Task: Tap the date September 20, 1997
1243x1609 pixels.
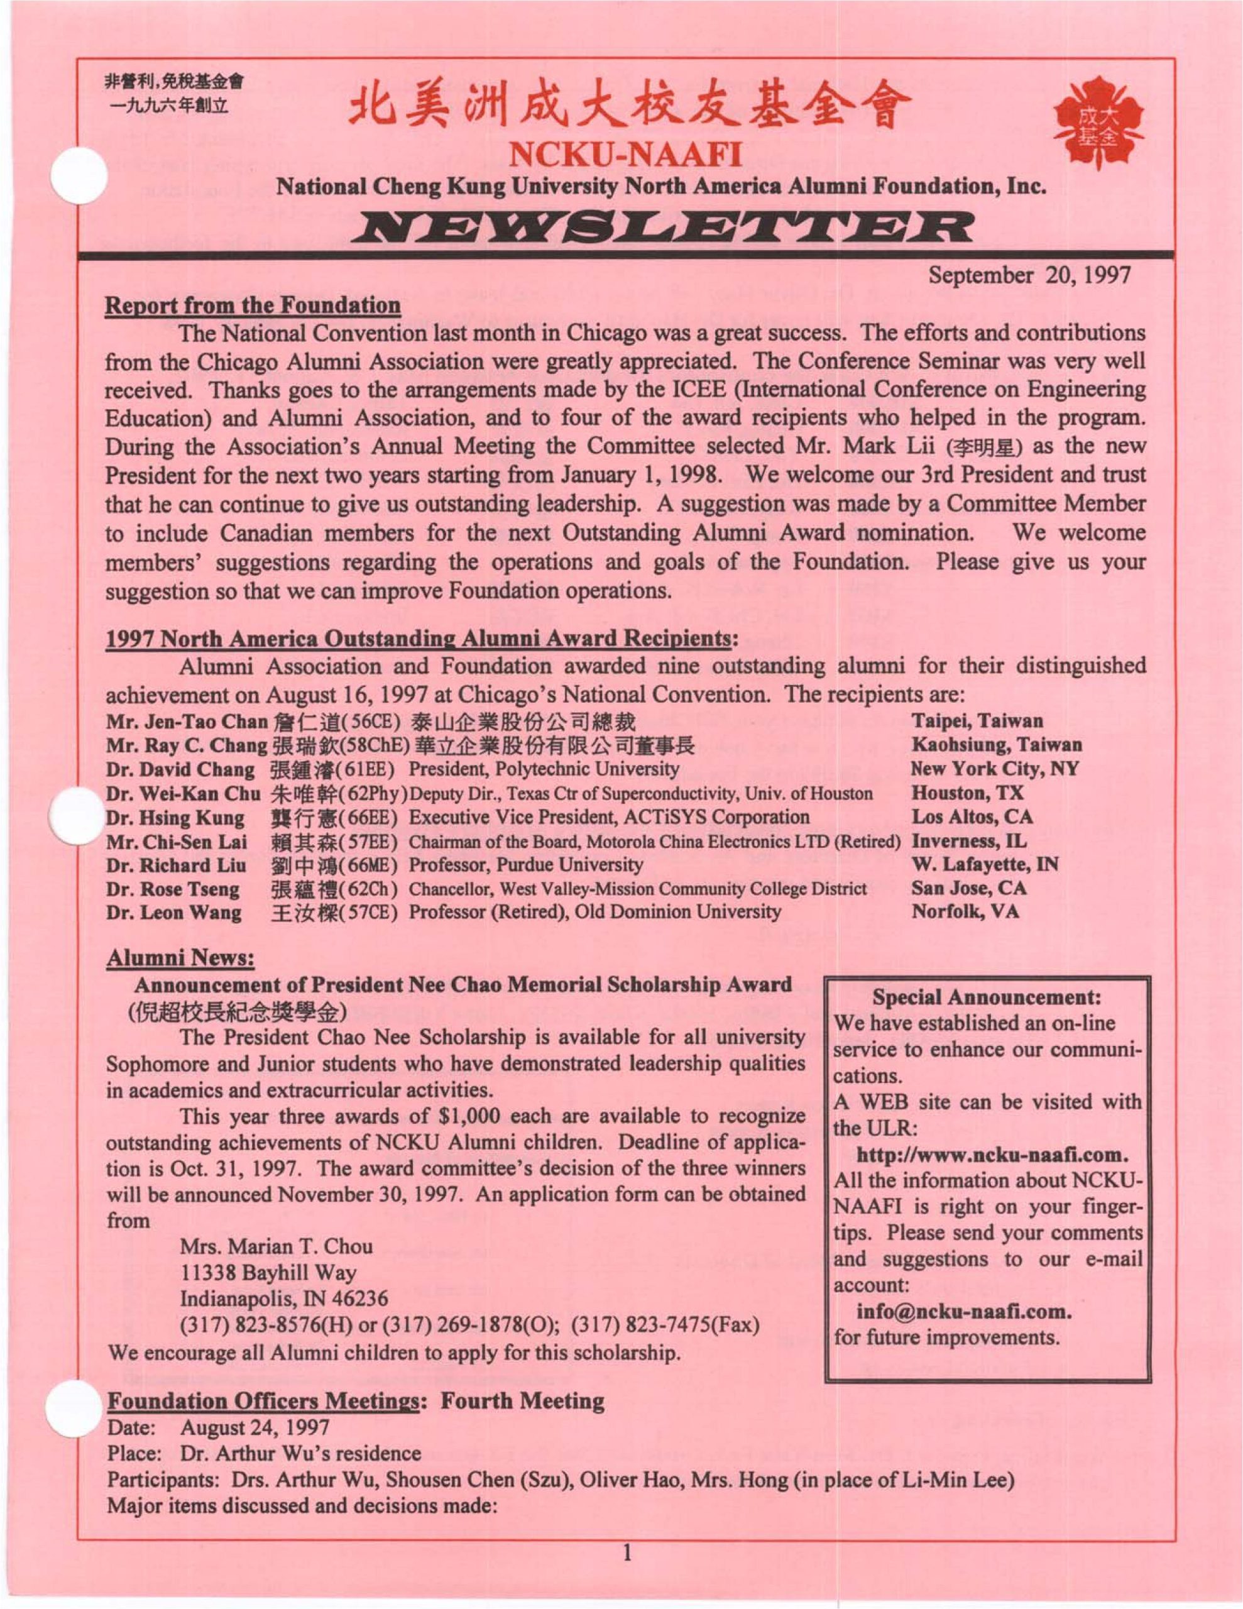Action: pos(1029,275)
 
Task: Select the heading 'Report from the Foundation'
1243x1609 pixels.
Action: pos(253,305)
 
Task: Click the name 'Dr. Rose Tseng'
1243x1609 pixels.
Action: pos(173,889)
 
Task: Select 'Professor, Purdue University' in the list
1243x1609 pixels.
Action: pos(525,864)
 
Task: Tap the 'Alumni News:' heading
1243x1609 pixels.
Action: pos(180,958)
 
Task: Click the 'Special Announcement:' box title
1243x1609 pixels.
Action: pos(987,997)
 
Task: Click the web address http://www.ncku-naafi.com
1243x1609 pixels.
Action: pos(992,1154)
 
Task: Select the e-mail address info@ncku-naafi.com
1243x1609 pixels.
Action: pos(963,1311)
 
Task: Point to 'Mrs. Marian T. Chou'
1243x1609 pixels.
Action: pos(277,1246)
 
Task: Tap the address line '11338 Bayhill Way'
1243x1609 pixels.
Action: pos(268,1272)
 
